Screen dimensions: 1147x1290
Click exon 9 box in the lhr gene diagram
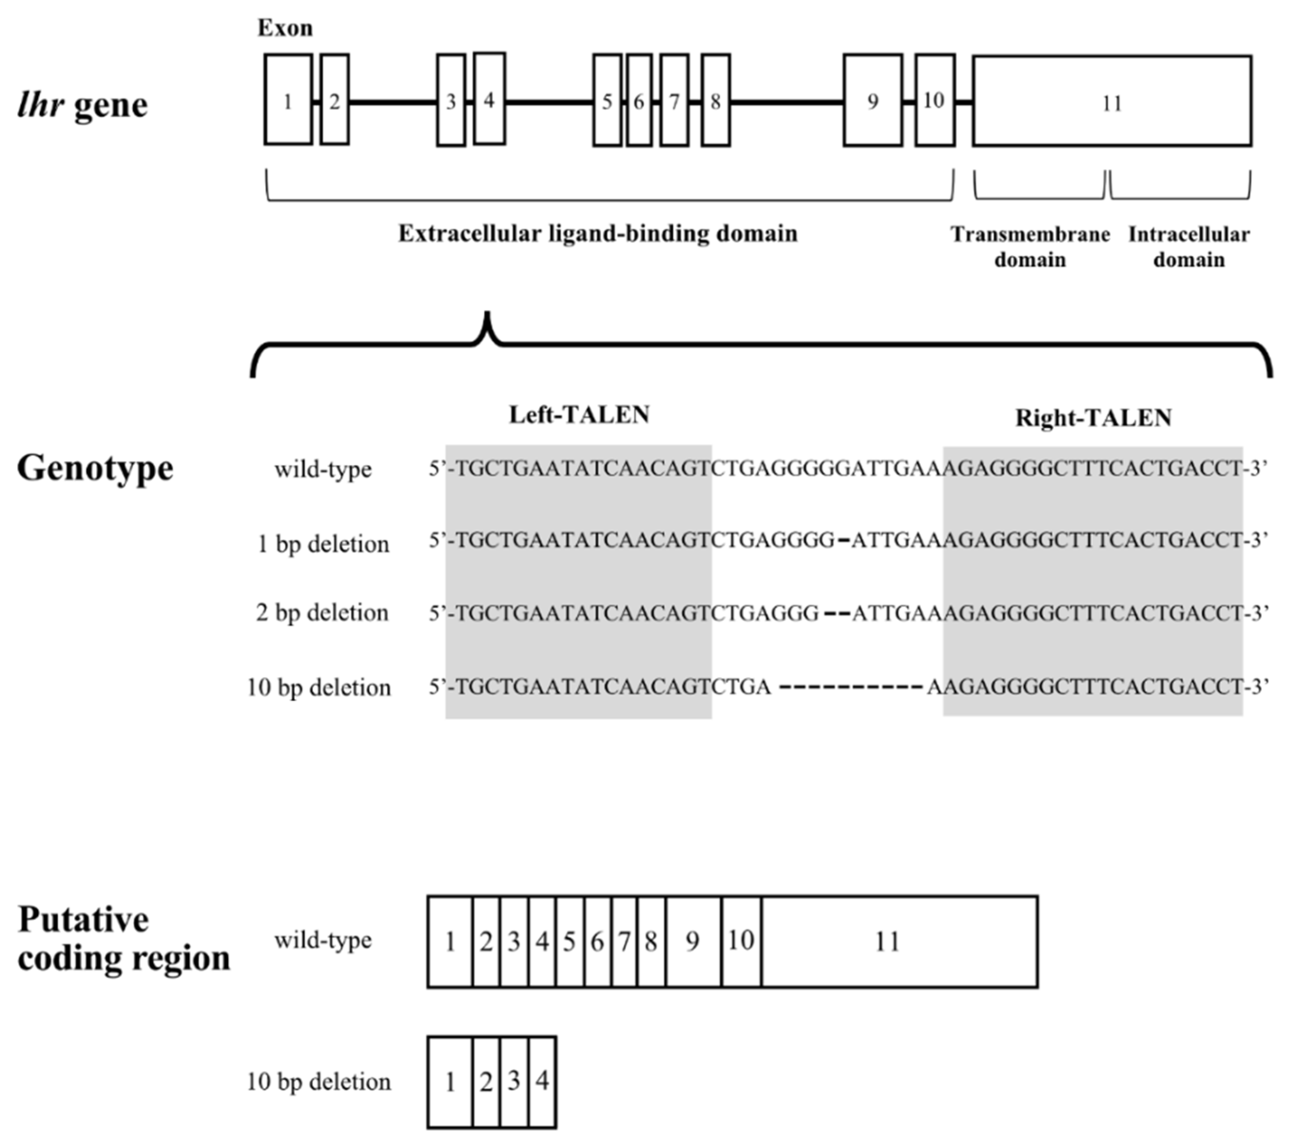(872, 101)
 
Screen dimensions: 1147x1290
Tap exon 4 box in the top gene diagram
(489, 99)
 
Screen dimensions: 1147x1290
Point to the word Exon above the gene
(285, 29)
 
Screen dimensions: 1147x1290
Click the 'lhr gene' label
(82, 105)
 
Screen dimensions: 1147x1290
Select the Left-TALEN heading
(579, 415)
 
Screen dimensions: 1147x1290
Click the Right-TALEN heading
(1093, 418)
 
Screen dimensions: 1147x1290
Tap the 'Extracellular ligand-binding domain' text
(597, 234)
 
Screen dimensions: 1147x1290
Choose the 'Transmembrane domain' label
(1030, 247)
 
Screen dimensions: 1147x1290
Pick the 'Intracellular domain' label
(1188, 247)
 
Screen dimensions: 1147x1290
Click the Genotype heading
(95, 468)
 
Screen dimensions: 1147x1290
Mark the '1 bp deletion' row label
(323, 544)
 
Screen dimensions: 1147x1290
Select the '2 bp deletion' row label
(322, 612)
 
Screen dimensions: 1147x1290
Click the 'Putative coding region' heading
(124, 939)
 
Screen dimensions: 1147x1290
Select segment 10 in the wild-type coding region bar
(741, 941)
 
